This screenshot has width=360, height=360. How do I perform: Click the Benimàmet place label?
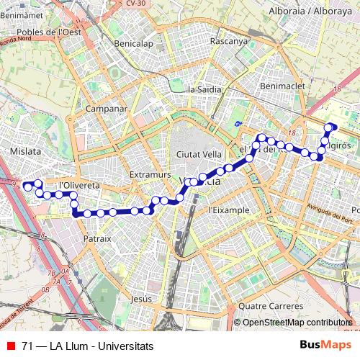pyautogui.click(x=22, y=14)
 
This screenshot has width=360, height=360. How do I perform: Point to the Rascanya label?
pyautogui.click(x=228, y=41)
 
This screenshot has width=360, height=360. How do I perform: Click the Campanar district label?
pyautogui.click(x=106, y=109)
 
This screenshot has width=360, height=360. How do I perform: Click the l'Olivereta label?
pyautogui.click(x=79, y=185)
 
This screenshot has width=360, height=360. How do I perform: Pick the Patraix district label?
pyautogui.click(x=97, y=238)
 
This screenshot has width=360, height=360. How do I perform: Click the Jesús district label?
pyautogui.click(x=143, y=298)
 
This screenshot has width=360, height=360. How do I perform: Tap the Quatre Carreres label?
pyautogui.click(x=272, y=305)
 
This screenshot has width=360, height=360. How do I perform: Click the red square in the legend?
pyautogui.click(x=11, y=346)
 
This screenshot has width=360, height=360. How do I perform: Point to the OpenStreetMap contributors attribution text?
pyautogui.click(x=297, y=323)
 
